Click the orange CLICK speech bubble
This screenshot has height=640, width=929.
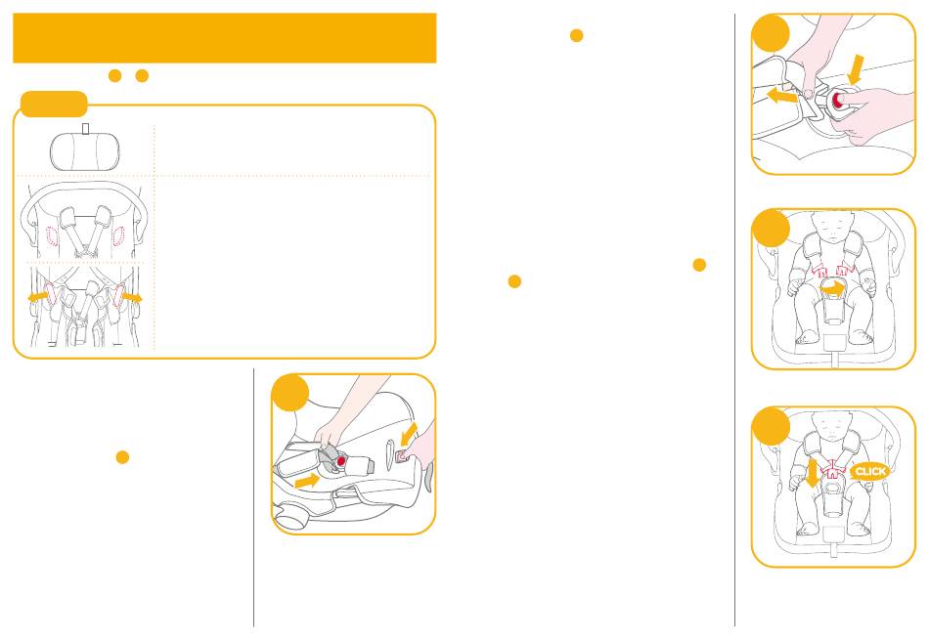tap(869, 471)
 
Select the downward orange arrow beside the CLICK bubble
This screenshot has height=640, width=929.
tap(812, 473)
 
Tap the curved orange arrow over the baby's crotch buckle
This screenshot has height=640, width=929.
tap(832, 287)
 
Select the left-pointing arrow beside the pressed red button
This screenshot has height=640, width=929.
tap(782, 96)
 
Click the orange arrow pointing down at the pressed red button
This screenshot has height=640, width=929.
tap(855, 69)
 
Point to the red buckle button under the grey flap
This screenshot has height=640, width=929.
tap(340, 460)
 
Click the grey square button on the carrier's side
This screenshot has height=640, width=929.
tap(402, 455)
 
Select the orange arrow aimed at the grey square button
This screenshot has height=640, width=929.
tap(410, 434)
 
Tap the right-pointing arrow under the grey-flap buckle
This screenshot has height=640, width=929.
tap(306, 480)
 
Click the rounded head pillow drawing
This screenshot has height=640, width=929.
tap(85, 151)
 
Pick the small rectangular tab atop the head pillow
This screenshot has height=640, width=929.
tap(86, 128)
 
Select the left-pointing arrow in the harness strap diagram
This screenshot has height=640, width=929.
tap(38, 295)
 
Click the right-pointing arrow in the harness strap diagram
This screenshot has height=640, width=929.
tap(132, 296)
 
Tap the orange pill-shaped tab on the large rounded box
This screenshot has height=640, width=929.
tap(54, 105)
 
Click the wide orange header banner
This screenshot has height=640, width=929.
tap(225, 38)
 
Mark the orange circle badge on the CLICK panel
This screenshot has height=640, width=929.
tap(771, 426)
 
